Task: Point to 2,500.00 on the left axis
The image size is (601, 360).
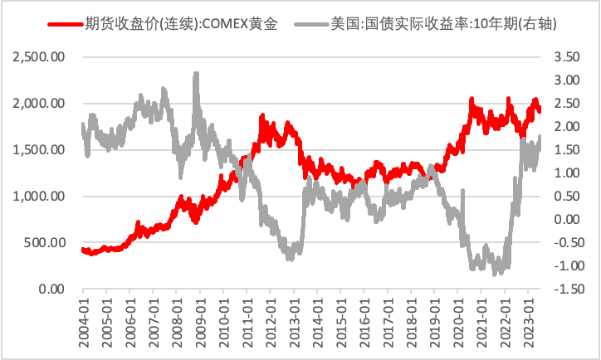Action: coord(41,57)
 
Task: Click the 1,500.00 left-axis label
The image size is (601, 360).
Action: coord(41,150)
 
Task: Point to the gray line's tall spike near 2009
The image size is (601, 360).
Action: coord(196,75)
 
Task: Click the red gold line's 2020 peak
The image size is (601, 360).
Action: coord(472,99)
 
